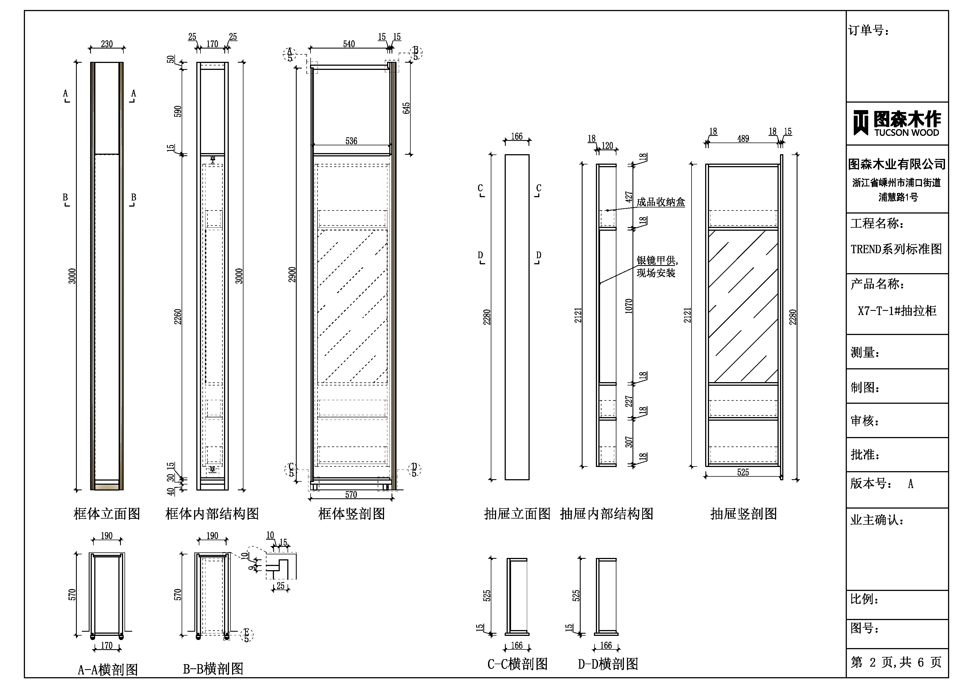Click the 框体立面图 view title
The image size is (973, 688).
107,514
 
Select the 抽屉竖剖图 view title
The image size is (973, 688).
743,514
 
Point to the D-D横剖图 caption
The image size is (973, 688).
608,664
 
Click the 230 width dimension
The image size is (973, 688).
107,44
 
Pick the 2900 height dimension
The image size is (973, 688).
292,275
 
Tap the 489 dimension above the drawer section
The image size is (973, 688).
743,139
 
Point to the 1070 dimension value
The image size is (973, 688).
629,306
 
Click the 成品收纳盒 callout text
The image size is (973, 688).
661,202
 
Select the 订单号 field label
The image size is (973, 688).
868,31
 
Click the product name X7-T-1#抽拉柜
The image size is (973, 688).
897,311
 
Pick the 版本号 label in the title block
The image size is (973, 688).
868,484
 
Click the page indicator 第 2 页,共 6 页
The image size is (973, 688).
896,662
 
